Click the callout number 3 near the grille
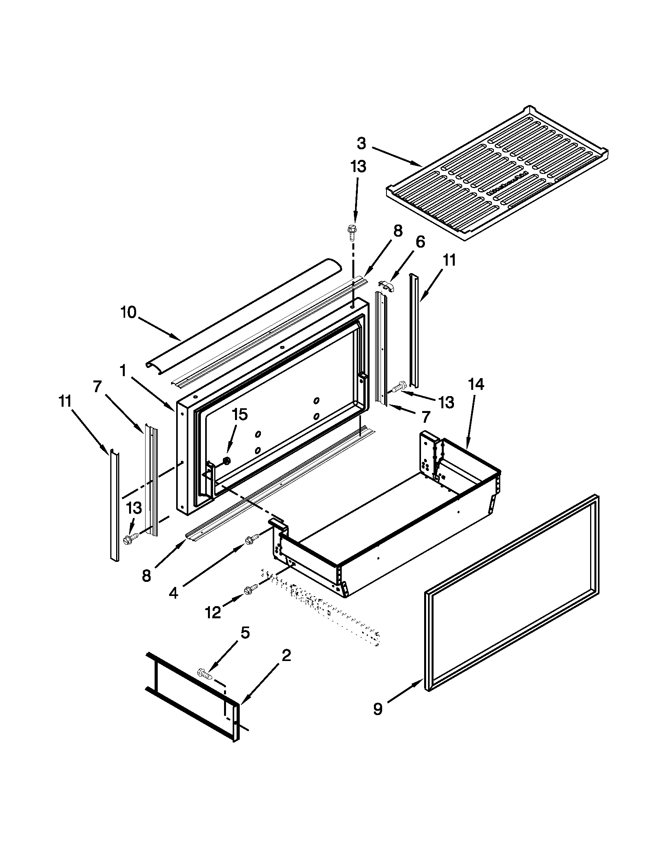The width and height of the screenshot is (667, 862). pos(361,144)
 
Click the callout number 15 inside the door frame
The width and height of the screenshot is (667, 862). pos(239,415)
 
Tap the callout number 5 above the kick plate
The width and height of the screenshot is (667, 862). pos(245,644)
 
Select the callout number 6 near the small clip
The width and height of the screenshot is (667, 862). pos(420,242)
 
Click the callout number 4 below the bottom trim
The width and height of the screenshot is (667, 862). pos(173,593)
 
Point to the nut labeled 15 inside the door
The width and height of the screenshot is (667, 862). pos(227,461)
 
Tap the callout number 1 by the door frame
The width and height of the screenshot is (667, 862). pos(123,370)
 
